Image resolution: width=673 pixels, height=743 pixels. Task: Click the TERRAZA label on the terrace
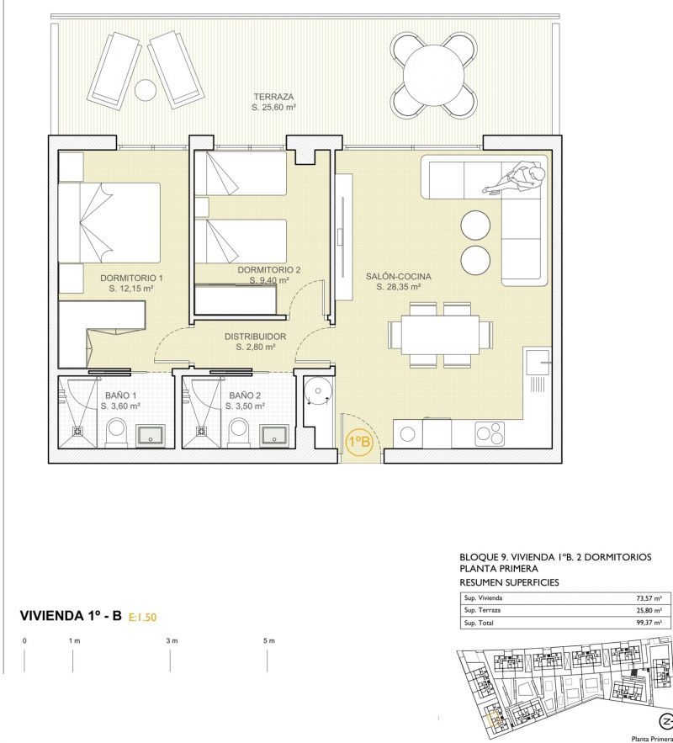pyautogui.click(x=273, y=97)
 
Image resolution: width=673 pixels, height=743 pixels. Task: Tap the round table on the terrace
pyautogui.click(x=433, y=75)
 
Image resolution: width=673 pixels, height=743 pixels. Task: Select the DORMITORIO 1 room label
pyautogui.click(x=131, y=279)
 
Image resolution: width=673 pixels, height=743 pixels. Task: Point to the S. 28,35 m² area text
pyautogui.click(x=398, y=287)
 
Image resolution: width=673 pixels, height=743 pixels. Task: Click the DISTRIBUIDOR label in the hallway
pyautogui.click(x=255, y=337)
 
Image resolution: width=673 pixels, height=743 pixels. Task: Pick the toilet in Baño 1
pyautogui.click(x=116, y=433)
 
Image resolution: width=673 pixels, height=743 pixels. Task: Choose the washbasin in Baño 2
pyautogui.click(x=274, y=436)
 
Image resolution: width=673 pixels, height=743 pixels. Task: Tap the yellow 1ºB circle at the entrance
pyautogui.click(x=360, y=442)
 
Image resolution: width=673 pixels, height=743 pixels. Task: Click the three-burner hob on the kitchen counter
pyautogui.click(x=490, y=433)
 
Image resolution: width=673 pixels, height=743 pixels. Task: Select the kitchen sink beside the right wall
pyautogui.click(x=538, y=363)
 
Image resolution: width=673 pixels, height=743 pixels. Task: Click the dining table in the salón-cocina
pyautogui.click(x=440, y=335)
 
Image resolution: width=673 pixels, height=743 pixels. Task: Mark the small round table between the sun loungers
pyautogui.click(x=146, y=89)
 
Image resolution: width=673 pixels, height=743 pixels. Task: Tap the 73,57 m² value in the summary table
pyautogui.click(x=649, y=598)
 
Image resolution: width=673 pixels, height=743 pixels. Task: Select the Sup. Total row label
pyautogui.click(x=479, y=624)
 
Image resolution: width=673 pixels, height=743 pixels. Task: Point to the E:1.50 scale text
pyautogui.click(x=142, y=617)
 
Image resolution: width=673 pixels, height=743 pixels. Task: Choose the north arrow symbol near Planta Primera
pyautogui.click(x=666, y=721)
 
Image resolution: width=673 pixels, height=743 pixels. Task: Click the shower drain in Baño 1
pyautogui.click(x=77, y=431)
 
